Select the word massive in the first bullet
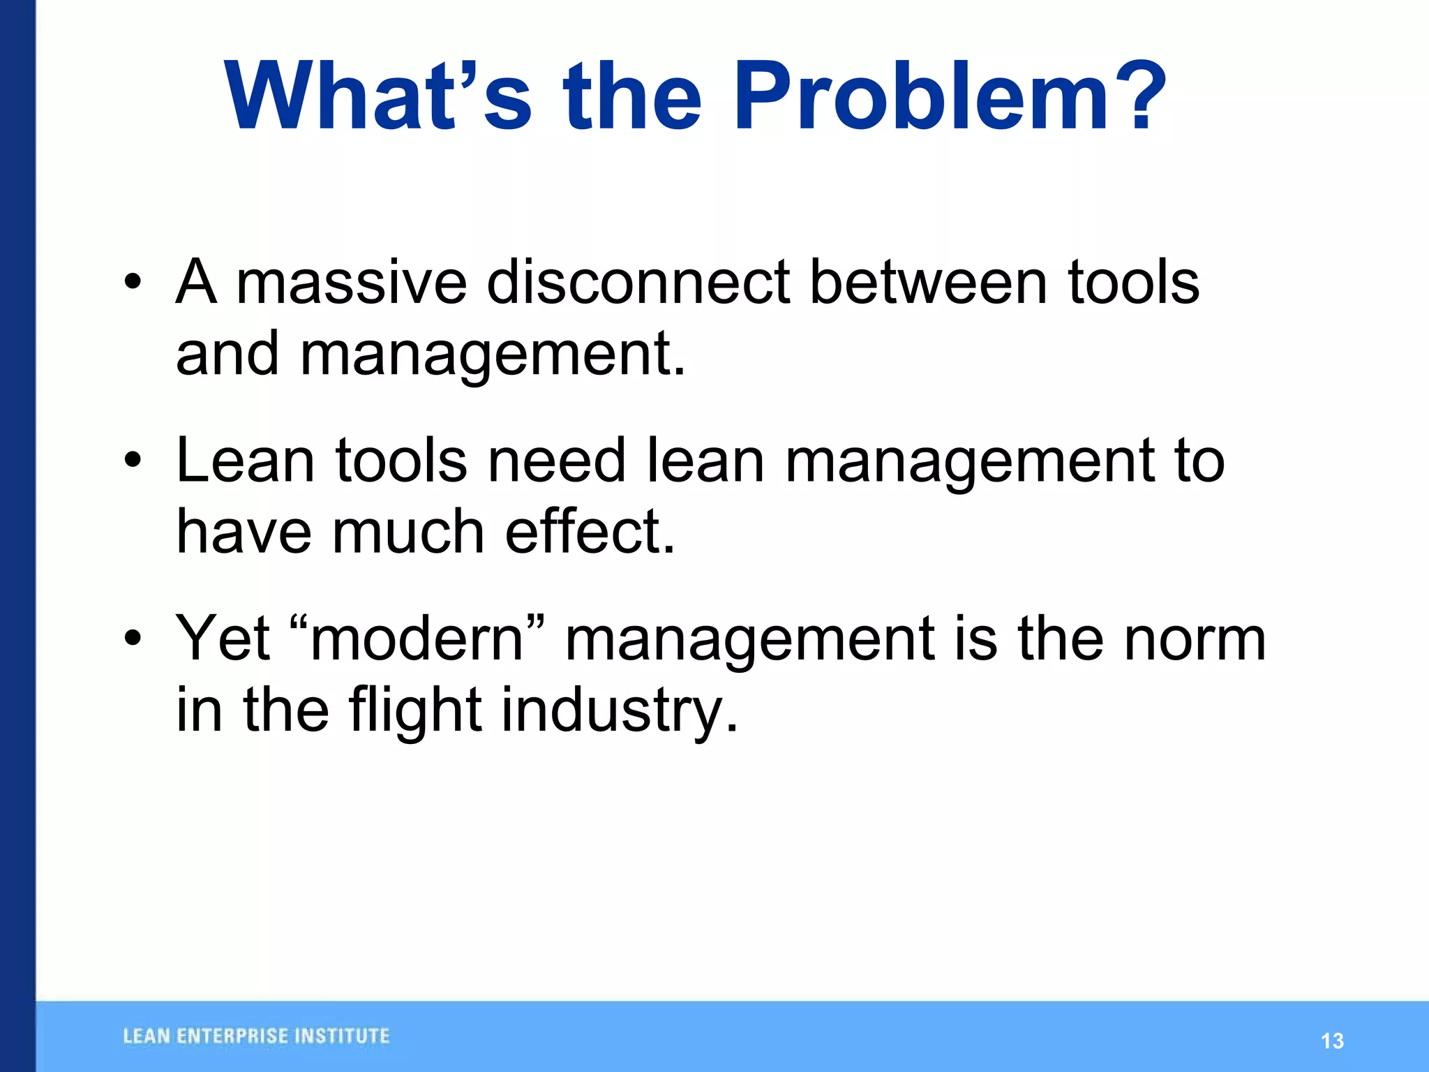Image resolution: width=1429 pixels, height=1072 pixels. coord(351,282)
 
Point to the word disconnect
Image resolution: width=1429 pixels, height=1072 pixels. coord(638,282)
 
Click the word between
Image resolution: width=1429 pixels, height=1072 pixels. coord(928,282)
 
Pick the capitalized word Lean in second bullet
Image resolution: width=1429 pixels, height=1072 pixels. coord(245,460)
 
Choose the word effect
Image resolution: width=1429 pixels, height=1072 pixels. coord(590,532)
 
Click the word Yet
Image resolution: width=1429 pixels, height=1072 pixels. coord(223,638)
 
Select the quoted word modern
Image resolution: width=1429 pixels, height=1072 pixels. coord(417,638)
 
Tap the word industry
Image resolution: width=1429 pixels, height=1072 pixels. coord(619,710)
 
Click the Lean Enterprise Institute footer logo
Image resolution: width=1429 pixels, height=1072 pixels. coord(256,1036)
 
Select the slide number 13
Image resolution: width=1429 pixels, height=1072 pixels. coord(1332,1041)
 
